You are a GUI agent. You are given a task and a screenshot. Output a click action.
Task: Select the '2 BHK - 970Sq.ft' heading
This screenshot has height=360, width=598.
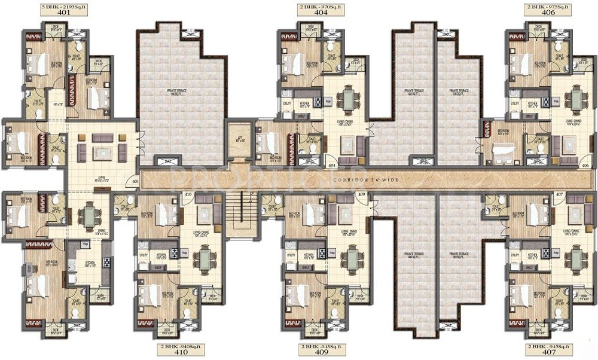click(313, 7)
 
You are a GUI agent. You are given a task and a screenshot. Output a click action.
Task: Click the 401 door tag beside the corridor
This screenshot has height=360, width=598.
click(135, 182)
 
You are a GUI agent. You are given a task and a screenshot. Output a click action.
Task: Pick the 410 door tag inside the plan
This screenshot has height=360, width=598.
click(187, 195)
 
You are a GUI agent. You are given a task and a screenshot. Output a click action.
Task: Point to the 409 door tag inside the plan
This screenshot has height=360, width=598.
click(361, 195)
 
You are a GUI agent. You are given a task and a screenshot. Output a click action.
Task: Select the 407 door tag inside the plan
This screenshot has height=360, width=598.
click(559, 195)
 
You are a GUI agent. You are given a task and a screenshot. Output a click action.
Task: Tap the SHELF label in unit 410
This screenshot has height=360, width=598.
click(158, 267)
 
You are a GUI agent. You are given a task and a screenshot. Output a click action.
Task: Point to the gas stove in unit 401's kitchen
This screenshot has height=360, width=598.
click(106, 261)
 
